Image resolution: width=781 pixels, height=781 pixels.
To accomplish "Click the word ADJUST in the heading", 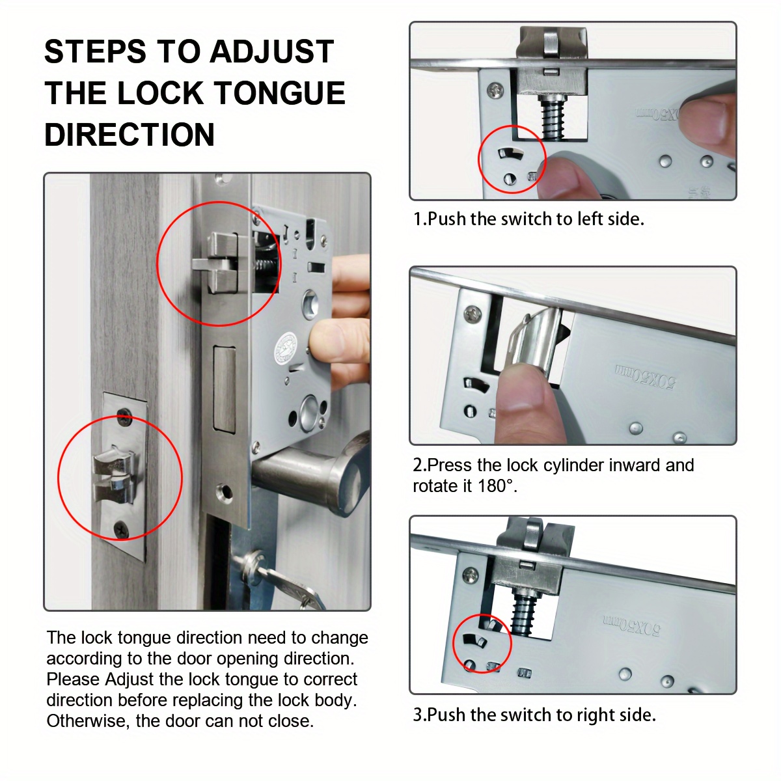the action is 271,51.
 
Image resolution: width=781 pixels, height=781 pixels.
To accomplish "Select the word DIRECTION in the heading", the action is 130,135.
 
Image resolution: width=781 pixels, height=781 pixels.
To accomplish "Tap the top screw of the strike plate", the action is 124,417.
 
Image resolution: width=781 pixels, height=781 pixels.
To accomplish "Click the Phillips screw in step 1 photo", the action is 495,90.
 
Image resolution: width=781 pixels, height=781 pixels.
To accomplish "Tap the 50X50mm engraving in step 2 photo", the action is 645,376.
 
